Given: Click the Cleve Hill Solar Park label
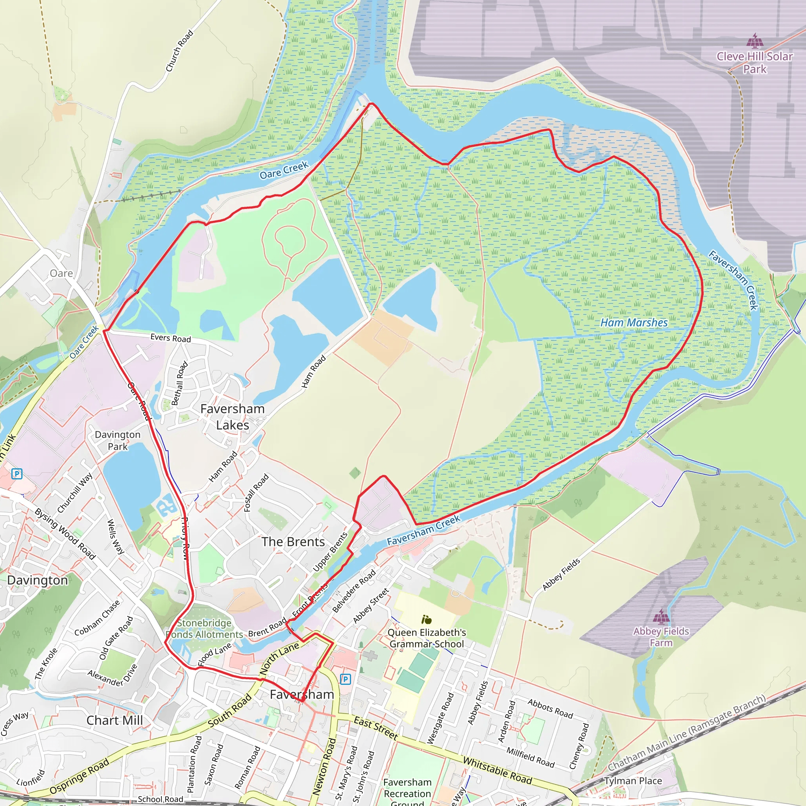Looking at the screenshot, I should tap(754, 63).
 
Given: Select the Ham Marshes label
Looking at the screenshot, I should tap(634, 322).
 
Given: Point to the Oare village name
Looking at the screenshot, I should tap(61, 273).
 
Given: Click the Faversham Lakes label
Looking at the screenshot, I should tap(232, 417).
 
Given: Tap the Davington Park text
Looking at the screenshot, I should tap(118, 440).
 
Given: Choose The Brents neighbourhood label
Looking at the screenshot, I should tap(293, 542).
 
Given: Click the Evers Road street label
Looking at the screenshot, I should tap(171, 338).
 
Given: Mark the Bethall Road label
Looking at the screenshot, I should tap(180, 383).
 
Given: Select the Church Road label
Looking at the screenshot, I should tap(179, 50).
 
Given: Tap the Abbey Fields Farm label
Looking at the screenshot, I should tap(661, 637).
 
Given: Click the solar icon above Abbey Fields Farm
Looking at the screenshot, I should tap(661, 616).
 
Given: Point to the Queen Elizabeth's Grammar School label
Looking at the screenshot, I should tap(427, 638).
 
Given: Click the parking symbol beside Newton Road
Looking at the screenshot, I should tap(346, 679).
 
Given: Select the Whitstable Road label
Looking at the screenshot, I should tap(497, 771).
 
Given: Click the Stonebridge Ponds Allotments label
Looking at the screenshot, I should tap(204, 629).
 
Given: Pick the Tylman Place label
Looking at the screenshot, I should tap(633, 780).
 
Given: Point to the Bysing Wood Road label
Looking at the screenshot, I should tap(65, 534).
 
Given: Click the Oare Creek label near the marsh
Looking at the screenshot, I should tap(284, 170).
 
